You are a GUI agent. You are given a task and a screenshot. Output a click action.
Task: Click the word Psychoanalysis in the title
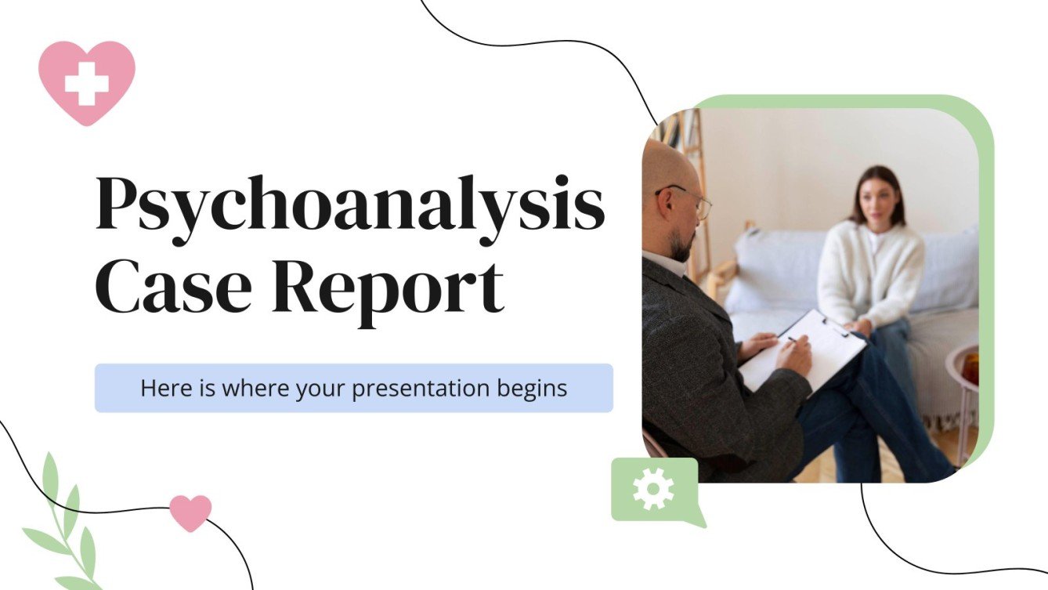point(349,205)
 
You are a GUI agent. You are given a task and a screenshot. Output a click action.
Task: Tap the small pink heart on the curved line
point(190,512)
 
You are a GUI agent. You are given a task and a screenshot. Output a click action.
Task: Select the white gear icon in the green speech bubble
point(653,489)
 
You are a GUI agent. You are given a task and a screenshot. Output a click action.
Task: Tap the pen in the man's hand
point(797,340)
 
